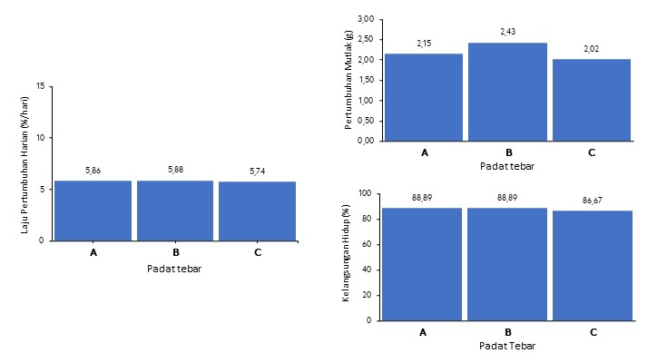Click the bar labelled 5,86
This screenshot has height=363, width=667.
click(93, 211)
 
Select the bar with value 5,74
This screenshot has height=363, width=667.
click(258, 211)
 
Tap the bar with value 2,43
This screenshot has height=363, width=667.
click(507, 92)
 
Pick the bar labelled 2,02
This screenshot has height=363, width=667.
click(591, 100)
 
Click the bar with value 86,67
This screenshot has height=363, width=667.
click(593, 265)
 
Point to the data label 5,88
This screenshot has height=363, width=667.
click(175, 170)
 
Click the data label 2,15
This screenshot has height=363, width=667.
click(425, 44)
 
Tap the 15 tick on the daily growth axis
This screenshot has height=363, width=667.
click(40, 86)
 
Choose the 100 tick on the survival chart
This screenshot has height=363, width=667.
click(366, 193)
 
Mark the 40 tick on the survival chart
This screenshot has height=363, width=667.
click(368, 270)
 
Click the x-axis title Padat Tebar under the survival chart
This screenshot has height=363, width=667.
click(507, 346)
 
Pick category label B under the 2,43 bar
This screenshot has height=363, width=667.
click(507, 152)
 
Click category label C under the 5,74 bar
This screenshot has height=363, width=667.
click(258, 252)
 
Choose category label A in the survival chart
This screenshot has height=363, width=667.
click(423, 332)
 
